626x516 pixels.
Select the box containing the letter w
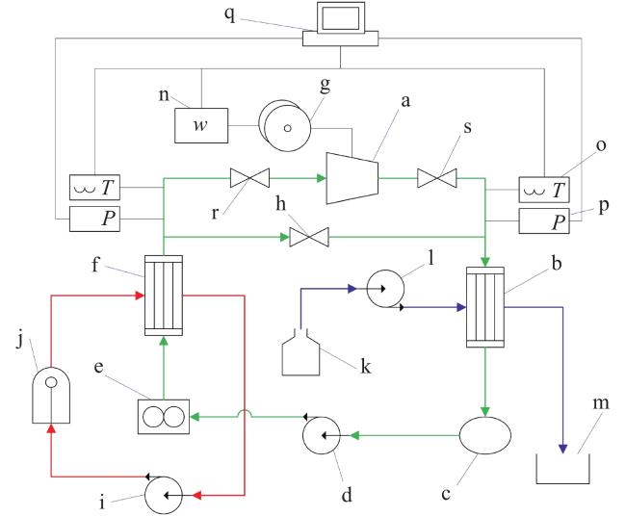tap(201, 125)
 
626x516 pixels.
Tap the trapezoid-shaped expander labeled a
tap(352, 178)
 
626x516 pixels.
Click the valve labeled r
tap(250, 178)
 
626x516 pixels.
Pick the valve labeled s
tap(437, 178)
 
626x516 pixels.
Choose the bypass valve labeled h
tap(309, 237)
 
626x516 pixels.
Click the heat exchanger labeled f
tap(164, 296)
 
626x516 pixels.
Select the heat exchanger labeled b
tap(485, 307)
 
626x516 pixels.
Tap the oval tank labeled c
tap(485, 435)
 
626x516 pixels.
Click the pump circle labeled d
tap(322, 435)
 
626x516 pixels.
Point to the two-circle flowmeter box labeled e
tap(164, 417)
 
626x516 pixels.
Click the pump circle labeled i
tap(164, 495)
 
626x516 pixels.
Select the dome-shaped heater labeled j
tap(51, 395)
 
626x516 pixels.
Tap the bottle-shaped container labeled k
tap(300, 352)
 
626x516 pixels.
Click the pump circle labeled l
tap(385, 289)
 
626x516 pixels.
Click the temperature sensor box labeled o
tap(544, 190)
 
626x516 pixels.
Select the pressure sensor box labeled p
tap(544, 220)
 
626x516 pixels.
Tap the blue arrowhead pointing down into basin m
tap(563, 449)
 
